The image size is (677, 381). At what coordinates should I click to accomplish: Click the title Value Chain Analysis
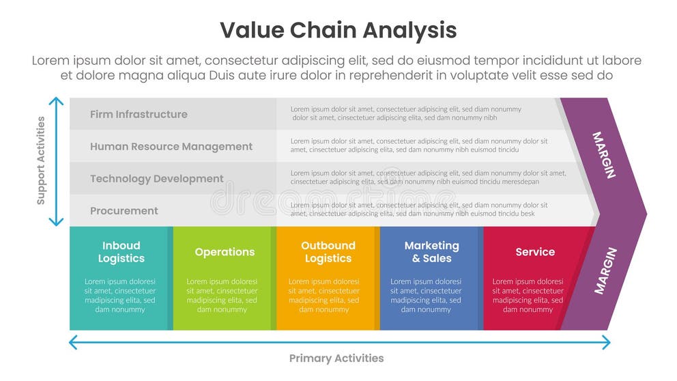[338, 31]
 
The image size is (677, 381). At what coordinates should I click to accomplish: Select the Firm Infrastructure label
[139, 114]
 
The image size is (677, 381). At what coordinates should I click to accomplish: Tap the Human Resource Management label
[171, 146]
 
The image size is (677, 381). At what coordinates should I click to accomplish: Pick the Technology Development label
[157, 178]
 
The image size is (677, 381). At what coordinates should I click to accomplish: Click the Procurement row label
[124, 210]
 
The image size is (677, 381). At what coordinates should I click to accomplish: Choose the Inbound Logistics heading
[121, 252]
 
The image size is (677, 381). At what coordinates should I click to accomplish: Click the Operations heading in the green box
[225, 252]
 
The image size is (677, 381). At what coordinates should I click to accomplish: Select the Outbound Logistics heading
[328, 252]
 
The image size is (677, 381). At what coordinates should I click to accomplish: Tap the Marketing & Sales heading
[431, 252]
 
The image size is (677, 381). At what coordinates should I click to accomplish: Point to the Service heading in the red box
[535, 252]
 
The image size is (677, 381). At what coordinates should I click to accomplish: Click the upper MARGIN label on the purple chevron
[604, 155]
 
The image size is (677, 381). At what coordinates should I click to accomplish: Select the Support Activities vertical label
[41, 161]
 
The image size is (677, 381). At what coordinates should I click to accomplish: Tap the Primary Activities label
[336, 358]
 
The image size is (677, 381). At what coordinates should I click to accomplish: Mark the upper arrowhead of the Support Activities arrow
[57, 100]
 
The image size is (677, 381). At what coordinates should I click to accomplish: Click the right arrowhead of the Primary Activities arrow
[607, 342]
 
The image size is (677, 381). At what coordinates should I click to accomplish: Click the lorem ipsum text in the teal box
[120, 295]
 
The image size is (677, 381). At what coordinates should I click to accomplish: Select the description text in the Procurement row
[419, 210]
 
